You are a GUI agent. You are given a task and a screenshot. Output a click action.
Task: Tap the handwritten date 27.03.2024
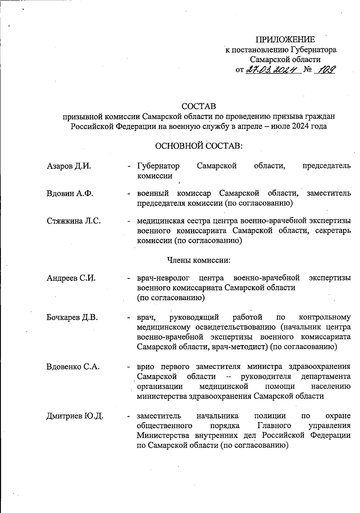tap(273, 70)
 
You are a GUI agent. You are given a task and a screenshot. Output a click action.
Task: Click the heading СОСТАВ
tap(199, 106)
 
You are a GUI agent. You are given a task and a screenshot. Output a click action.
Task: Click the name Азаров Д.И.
tap(69, 166)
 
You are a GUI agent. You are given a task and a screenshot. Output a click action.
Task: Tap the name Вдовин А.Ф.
tap(70, 193)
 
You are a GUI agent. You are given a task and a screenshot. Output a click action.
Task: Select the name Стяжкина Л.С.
tap(74, 221)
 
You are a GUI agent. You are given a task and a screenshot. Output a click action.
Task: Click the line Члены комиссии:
tap(198, 260)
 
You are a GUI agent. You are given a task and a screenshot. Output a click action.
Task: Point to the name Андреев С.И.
tap(71, 278)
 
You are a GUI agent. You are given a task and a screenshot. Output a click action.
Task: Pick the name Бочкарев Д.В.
tap(72, 317)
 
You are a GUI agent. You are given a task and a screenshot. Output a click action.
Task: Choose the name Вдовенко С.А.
tap(73, 367)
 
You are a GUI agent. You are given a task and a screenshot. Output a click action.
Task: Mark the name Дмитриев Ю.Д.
tap(75, 416)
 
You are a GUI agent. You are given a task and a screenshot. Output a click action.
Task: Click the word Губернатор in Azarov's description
tap(158, 166)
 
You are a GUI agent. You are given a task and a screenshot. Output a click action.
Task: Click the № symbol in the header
tap(308, 70)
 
